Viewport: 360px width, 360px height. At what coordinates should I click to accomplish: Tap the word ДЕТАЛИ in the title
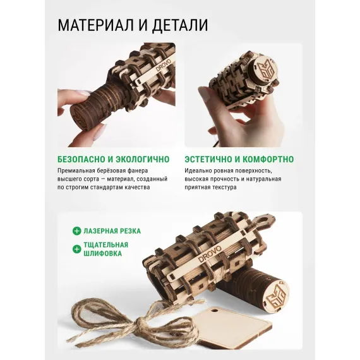180,25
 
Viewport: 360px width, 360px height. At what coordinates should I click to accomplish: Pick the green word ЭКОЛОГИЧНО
143,159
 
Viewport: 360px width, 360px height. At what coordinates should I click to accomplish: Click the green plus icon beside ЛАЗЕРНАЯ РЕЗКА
76,231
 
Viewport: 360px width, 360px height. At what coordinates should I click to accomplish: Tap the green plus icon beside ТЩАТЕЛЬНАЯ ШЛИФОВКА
76,249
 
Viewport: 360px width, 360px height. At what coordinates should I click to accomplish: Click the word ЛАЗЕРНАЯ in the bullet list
100,231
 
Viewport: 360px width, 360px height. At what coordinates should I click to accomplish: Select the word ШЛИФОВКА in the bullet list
102,254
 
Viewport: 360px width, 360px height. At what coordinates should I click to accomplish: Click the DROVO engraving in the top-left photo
164,65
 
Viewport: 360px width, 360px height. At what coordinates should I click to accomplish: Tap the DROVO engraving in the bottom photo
210,254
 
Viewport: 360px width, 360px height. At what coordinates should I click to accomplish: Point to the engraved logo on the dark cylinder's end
276,294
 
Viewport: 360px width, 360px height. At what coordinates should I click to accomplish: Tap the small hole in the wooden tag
215,311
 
